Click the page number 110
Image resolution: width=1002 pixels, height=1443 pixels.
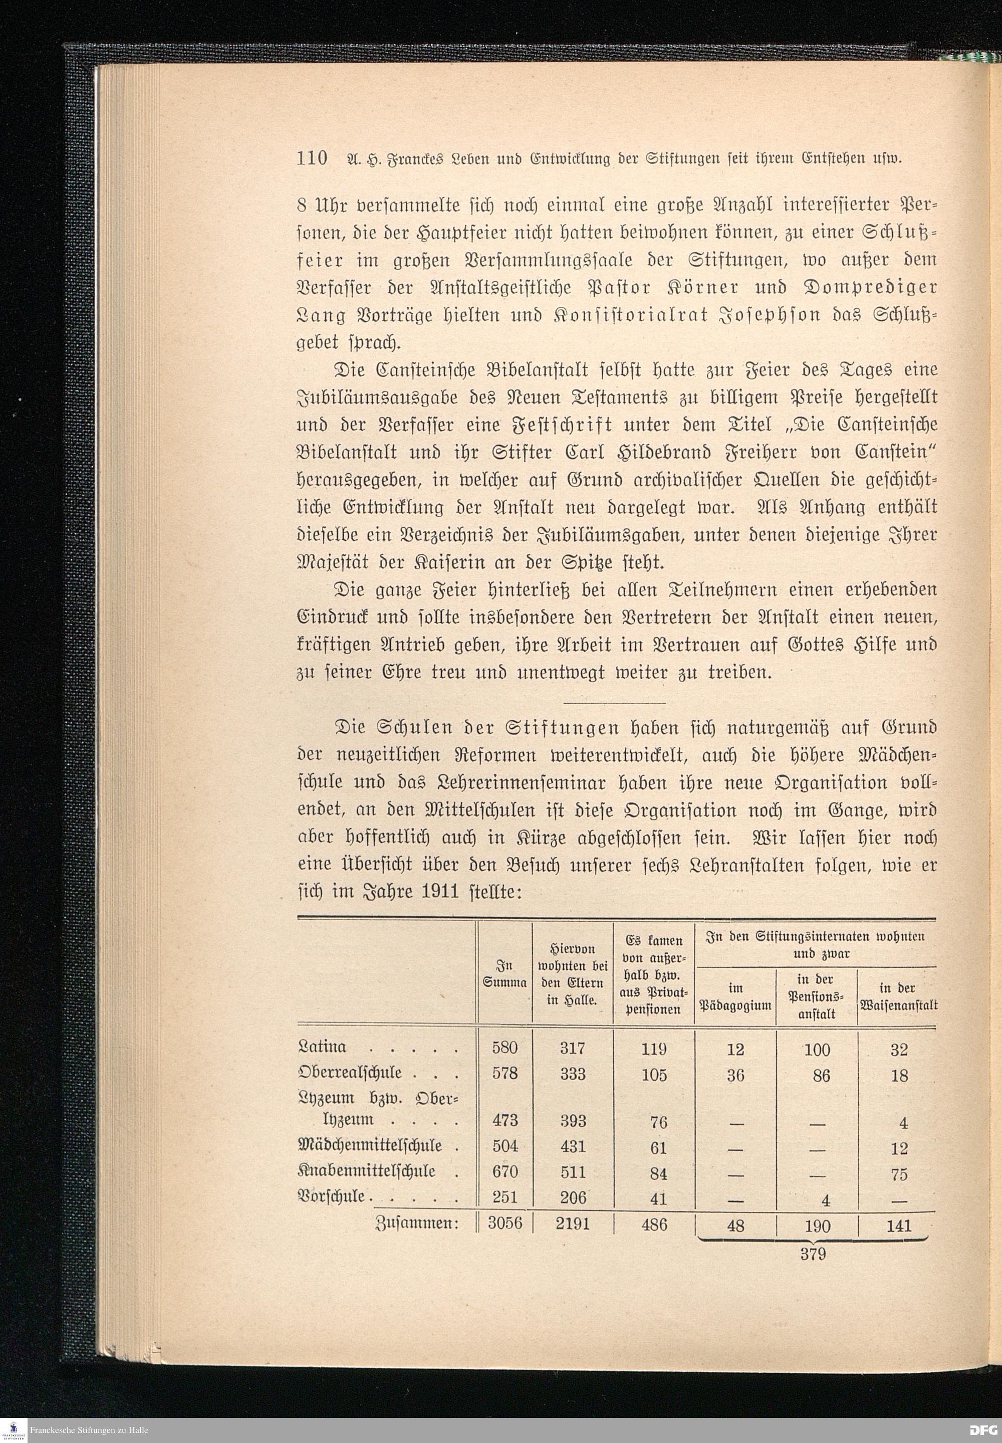tap(312, 157)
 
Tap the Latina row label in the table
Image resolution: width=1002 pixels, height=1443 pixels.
tap(323, 1047)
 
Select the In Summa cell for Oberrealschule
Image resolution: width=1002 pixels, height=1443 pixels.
tap(506, 1073)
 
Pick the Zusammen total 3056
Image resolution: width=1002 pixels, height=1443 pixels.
tap(506, 1225)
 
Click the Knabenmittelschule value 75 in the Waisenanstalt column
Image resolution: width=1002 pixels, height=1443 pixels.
tap(899, 1174)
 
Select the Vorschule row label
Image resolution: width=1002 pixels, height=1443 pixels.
tap(333, 1197)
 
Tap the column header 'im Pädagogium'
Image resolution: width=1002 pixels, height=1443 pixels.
tap(734, 998)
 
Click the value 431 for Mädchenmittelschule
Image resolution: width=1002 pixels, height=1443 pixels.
tap(573, 1147)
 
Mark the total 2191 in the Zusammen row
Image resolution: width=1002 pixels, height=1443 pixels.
tap(573, 1225)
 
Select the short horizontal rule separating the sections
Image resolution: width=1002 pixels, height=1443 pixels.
tap(615, 703)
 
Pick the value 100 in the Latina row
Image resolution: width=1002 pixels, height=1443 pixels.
tap(817, 1049)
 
